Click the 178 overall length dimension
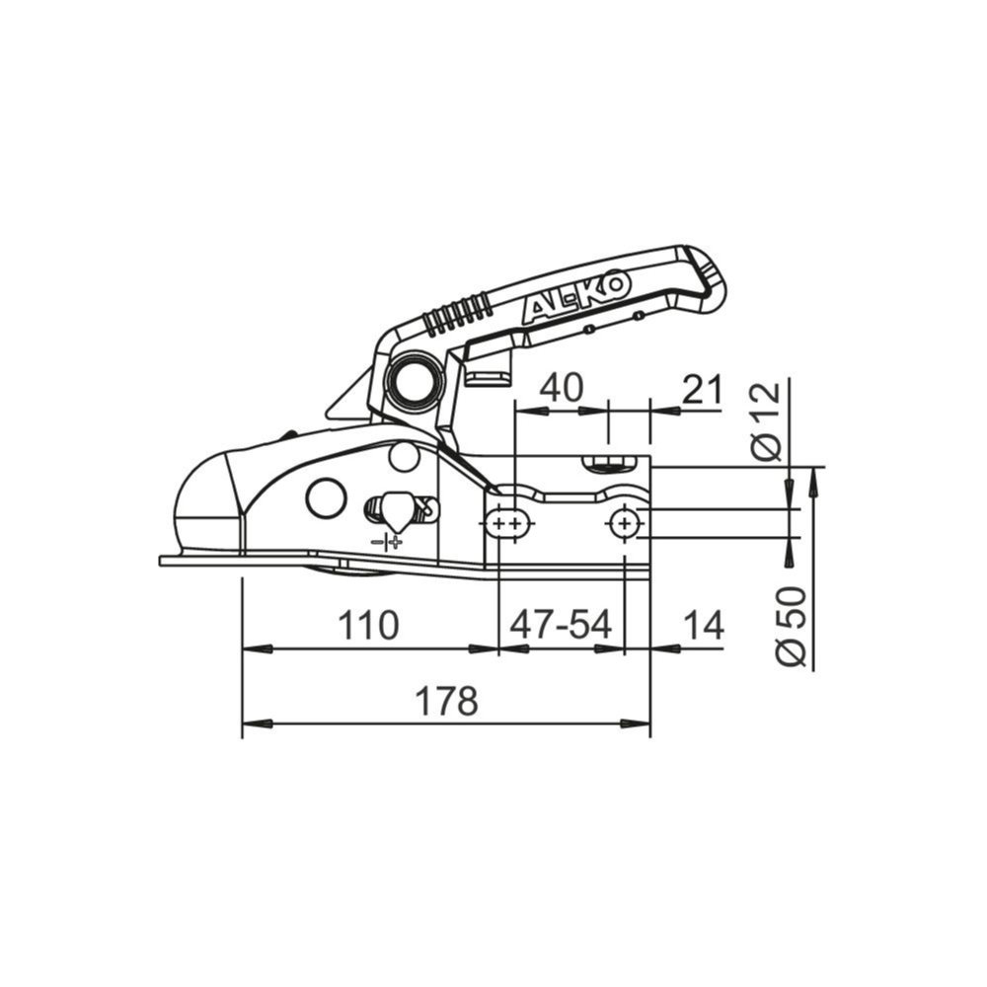[x=446, y=702]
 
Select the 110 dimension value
[x=368, y=626]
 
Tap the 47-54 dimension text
[x=561, y=626]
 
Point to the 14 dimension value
[x=702, y=626]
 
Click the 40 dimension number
[x=560, y=388]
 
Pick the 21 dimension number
[x=702, y=390]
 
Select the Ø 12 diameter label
[x=766, y=421]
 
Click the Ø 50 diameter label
[x=791, y=625]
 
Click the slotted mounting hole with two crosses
[x=509, y=523]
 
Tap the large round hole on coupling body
[x=326, y=497]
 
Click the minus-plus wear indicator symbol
[x=387, y=542]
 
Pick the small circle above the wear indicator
[x=403, y=456]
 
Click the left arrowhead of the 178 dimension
[x=256, y=723]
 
